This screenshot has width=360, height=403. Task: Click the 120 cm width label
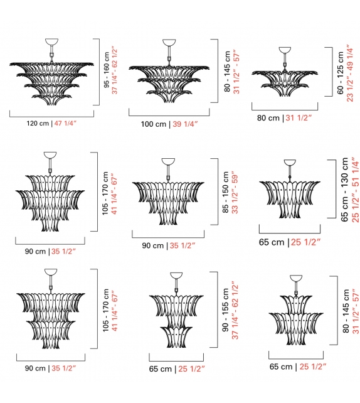[38, 124]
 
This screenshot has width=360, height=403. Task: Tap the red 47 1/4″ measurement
[65, 124]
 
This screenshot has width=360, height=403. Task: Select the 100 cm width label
[154, 124]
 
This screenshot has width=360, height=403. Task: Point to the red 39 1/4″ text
[185, 124]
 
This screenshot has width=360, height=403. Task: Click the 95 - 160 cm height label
[107, 70]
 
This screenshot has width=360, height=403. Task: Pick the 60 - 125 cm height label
[340, 73]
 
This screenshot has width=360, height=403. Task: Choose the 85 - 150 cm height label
[226, 192]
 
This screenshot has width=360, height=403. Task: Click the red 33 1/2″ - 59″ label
[235, 192]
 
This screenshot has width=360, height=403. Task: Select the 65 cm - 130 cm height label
[344, 190]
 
